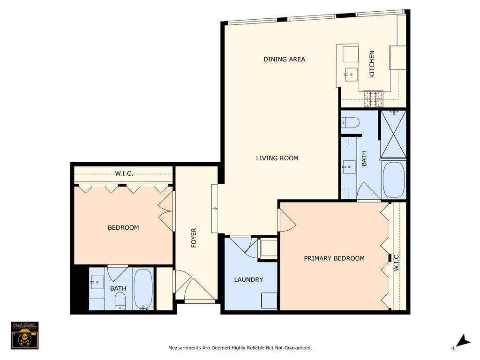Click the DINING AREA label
click(x=284, y=60)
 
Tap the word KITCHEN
click(x=372, y=64)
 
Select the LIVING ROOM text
click(x=277, y=158)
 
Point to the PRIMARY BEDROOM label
click(x=334, y=258)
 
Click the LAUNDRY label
click(x=248, y=280)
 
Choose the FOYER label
click(x=194, y=238)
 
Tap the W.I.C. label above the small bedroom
click(x=124, y=174)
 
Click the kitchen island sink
click(x=351, y=74)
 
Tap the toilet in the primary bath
click(x=350, y=122)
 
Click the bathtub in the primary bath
click(x=393, y=180)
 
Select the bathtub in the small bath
click(x=143, y=289)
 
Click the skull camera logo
click(x=24, y=335)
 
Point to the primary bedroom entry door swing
click(x=286, y=220)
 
